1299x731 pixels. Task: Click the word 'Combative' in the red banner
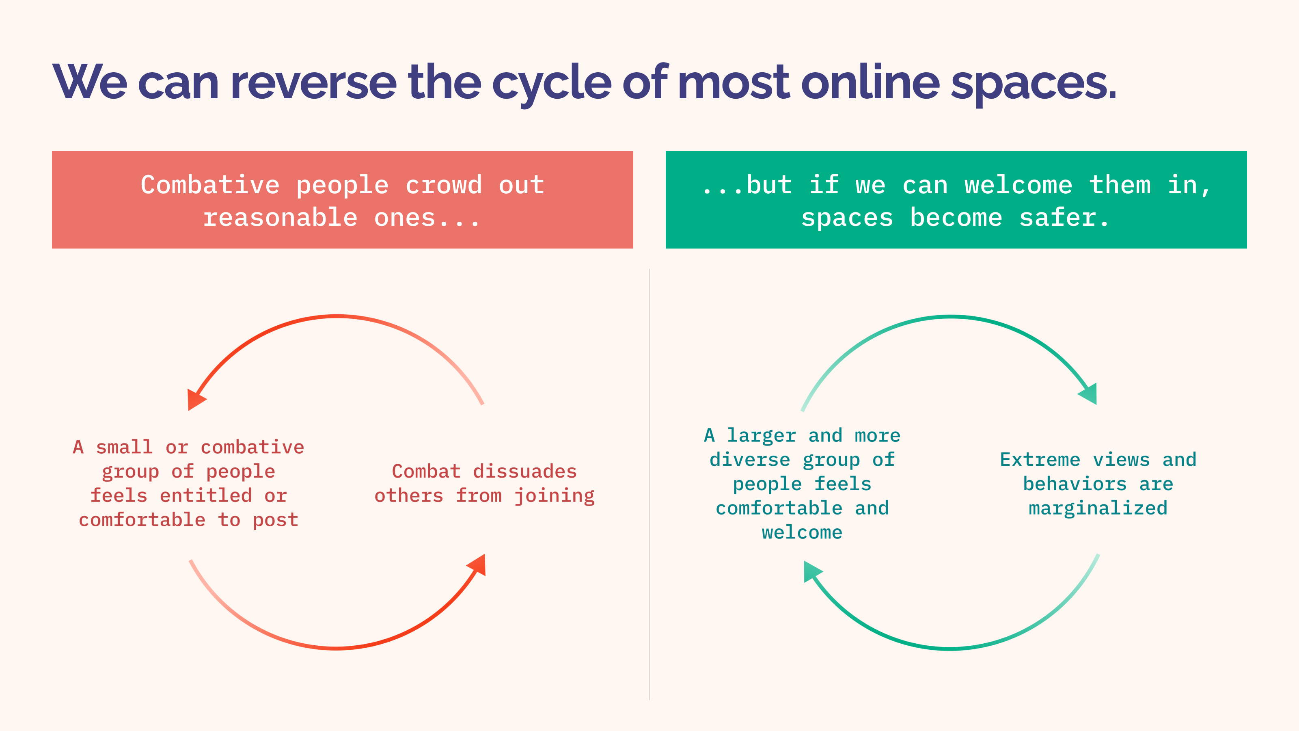[x=210, y=185]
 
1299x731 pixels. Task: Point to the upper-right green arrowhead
[x=1089, y=394]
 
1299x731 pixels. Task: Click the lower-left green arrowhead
[x=811, y=571]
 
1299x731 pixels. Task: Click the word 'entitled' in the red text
[x=206, y=495]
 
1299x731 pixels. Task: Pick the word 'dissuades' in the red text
[x=524, y=471]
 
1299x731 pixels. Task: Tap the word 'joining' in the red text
[x=554, y=496]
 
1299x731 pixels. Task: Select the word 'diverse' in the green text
[x=749, y=460]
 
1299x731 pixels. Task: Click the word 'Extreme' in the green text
[x=1040, y=460]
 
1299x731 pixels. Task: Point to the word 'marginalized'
[x=1098, y=508]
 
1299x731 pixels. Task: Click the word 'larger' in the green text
[x=761, y=435]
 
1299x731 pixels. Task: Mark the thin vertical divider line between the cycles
[x=649, y=484]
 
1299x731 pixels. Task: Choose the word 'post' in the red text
[x=275, y=521]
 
